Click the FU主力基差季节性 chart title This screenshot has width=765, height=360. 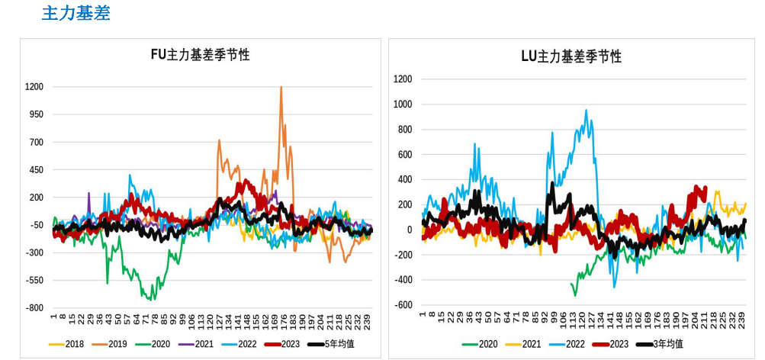(200, 55)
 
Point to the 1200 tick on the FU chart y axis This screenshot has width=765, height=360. (34, 87)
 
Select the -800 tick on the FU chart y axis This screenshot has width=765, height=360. (34, 308)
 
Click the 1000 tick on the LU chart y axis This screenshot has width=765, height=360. (403, 104)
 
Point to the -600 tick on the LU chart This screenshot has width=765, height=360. (402, 305)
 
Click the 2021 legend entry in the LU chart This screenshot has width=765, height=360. (532, 344)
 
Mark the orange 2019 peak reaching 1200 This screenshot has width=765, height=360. (281, 87)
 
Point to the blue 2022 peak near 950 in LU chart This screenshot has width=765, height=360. (586, 111)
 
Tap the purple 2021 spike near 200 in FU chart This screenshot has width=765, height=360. (89, 194)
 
